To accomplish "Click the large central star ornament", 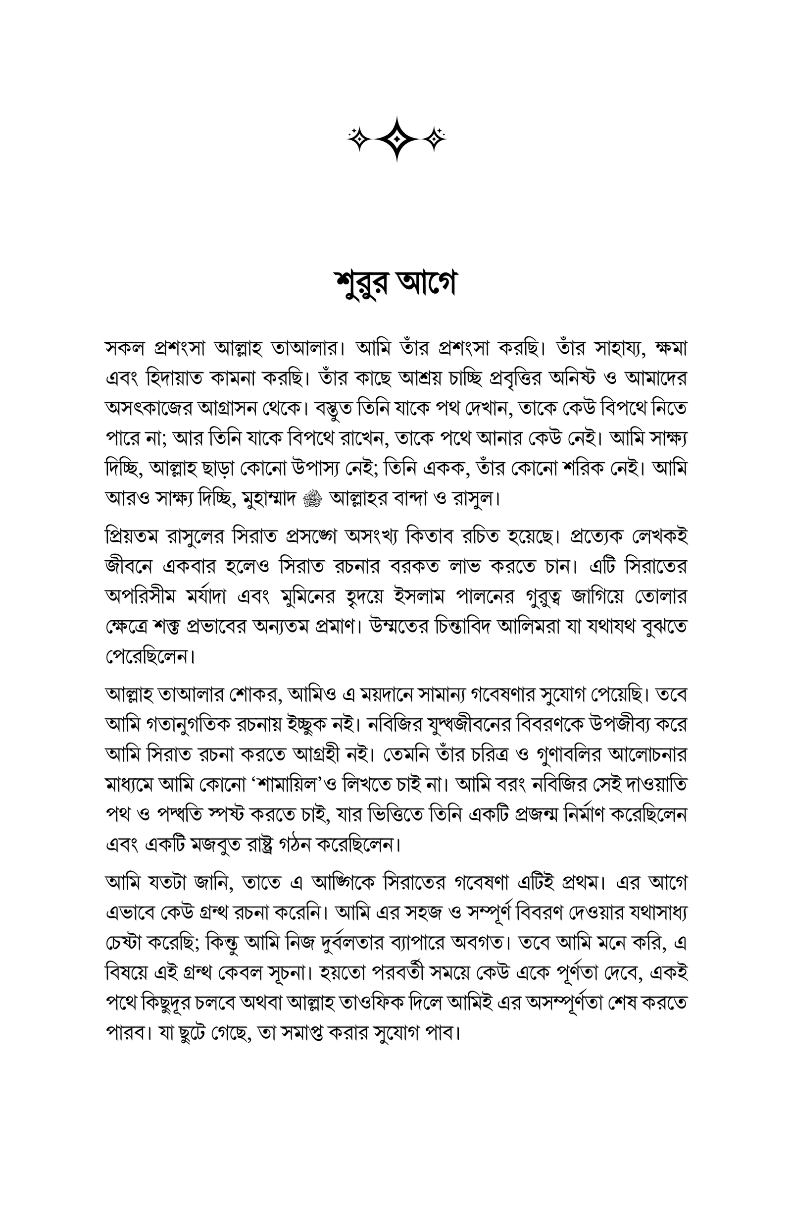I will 396,139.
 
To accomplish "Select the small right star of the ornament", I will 435,139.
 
